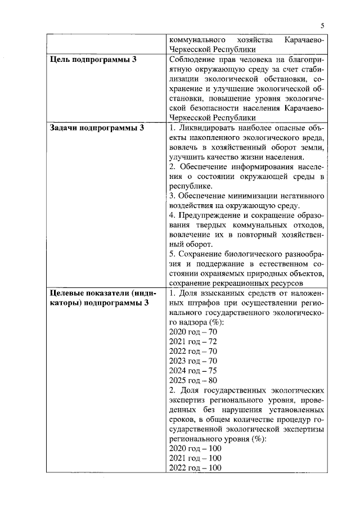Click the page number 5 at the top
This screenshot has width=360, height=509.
coord(323,25)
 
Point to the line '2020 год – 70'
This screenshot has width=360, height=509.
coord(193,332)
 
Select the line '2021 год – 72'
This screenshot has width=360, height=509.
coord(193,341)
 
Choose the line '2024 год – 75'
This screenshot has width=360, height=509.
coord(193,371)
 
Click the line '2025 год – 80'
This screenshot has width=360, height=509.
coord(193,380)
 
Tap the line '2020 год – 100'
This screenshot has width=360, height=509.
coord(195,449)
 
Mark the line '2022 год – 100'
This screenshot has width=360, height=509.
coord(195,468)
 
